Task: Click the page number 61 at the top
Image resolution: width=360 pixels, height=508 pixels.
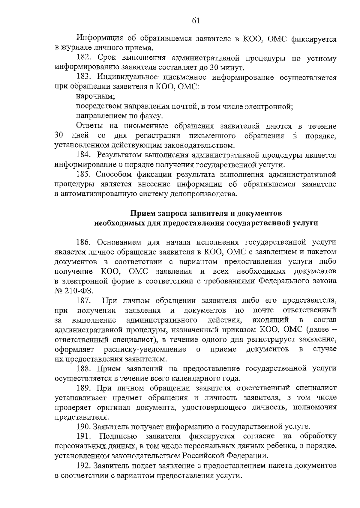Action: point(195,20)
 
